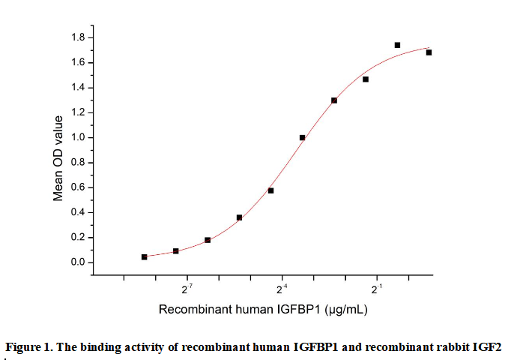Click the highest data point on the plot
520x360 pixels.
pos(397,45)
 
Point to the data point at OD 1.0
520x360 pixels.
pos(302,137)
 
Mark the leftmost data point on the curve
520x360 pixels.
pos(144,256)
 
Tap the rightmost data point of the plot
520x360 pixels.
pos(429,52)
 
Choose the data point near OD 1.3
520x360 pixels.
pos(334,100)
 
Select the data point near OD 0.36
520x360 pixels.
pos(239,217)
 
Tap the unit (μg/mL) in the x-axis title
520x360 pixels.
pos(342,309)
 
